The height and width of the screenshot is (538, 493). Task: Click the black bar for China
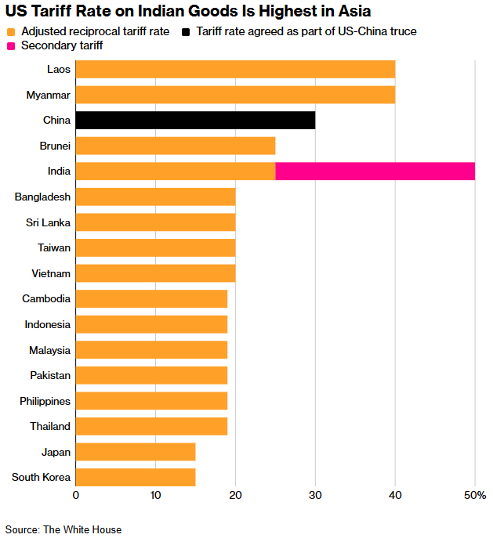point(195,120)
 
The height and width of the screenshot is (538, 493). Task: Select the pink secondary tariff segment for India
point(375,171)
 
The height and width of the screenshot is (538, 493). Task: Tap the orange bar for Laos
point(235,69)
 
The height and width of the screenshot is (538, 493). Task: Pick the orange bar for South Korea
point(136,477)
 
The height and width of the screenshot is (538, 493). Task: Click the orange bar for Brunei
point(176,146)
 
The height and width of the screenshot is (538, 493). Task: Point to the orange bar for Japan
point(136,452)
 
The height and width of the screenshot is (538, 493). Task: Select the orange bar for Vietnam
point(155,273)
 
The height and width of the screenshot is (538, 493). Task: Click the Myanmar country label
point(48,95)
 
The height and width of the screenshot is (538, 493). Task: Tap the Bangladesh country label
point(42,197)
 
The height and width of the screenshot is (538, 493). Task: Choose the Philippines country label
point(45,401)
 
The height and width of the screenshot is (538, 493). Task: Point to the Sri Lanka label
point(49,222)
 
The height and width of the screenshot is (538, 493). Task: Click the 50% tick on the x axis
point(476,495)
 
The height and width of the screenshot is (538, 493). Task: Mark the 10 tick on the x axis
point(155,495)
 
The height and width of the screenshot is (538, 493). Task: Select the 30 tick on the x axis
point(315,495)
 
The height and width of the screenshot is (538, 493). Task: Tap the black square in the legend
point(186,31)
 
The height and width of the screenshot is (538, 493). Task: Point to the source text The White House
point(82,529)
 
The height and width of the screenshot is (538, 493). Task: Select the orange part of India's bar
point(176,171)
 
